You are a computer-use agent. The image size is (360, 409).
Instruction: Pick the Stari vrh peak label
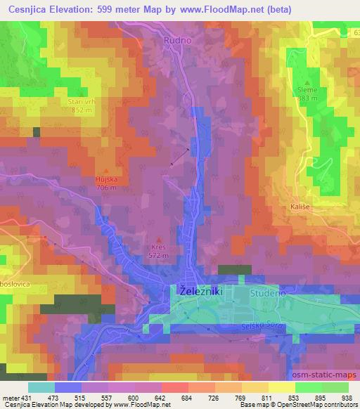pos(81,102)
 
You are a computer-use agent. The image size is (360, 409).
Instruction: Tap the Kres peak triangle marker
pos(158,240)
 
